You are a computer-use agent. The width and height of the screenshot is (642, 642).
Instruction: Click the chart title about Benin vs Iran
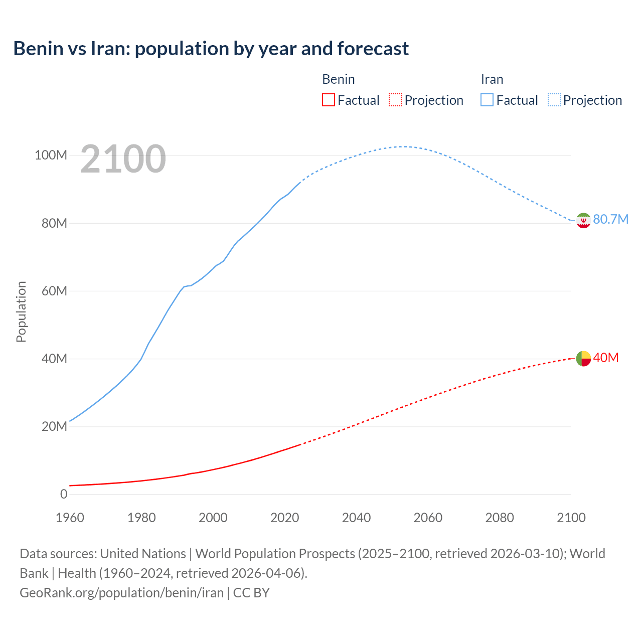[x=211, y=49]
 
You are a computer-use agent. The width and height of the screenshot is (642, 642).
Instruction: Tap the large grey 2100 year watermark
[x=123, y=159]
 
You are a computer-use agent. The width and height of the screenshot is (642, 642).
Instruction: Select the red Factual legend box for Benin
[x=328, y=100]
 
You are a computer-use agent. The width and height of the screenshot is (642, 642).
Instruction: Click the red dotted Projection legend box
[x=395, y=100]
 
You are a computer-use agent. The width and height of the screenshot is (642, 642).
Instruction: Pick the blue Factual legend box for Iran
[x=487, y=100]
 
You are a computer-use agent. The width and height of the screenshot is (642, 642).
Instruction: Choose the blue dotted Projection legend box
[x=554, y=100]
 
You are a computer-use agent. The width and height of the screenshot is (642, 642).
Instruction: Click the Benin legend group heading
[x=339, y=79]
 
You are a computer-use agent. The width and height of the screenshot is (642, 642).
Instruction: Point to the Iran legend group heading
[x=492, y=79]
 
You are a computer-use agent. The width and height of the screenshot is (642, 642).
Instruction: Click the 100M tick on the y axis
[x=51, y=155]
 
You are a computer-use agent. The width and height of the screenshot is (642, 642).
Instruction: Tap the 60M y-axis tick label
[x=54, y=291]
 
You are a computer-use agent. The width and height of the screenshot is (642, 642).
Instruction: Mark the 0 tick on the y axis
[x=64, y=494]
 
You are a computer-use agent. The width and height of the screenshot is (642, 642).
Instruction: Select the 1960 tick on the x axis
[x=70, y=518]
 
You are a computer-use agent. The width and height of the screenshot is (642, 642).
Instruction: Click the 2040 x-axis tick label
[x=356, y=518]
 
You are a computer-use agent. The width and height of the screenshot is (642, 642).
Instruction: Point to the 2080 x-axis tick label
[x=500, y=518]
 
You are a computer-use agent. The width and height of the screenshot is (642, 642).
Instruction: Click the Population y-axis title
[x=21, y=311]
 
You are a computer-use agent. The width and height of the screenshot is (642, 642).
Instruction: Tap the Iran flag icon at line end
[x=583, y=220]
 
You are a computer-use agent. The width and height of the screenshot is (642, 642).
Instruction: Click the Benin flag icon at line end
[x=583, y=358]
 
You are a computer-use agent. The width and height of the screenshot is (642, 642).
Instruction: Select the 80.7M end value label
[x=610, y=219]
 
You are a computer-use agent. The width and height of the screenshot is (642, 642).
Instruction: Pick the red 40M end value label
[x=606, y=358]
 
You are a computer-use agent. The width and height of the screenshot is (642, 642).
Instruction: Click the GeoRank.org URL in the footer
[x=121, y=592]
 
